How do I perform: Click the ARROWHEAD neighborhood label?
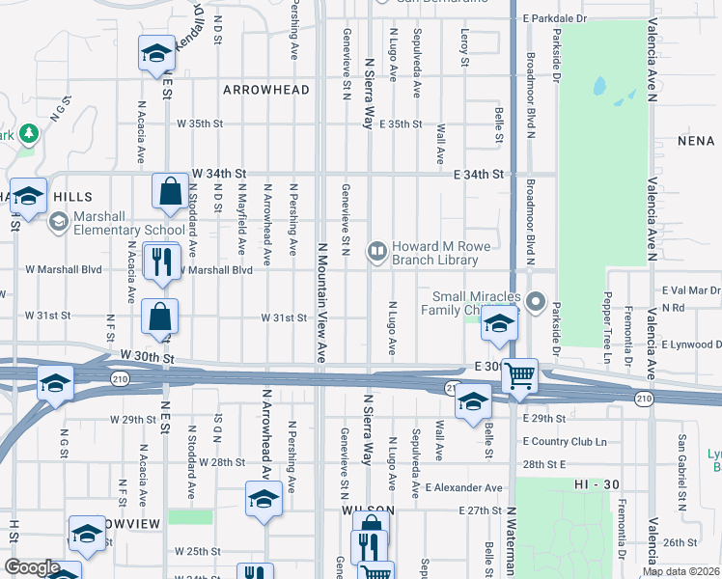click(266, 90)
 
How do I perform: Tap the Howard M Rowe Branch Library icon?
click(375, 252)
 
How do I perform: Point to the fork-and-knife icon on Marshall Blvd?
click(160, 262)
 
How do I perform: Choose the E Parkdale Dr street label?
click(554, 18)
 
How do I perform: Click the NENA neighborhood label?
click(695, 141)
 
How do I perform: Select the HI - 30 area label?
click(594, 482)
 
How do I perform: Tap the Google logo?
click(31, 567)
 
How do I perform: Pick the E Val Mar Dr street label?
click(691, 290)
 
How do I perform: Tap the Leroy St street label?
click(464, 47)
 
